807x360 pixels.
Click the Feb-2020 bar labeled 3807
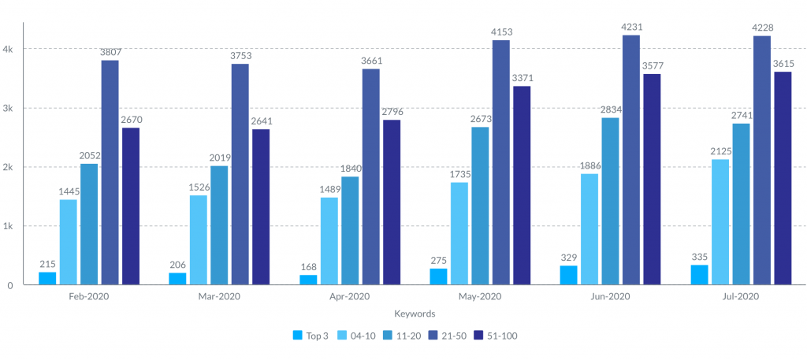[x=110, y=172]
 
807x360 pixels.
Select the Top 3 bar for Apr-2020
[x=308, y=280]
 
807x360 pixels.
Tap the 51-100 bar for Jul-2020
[x=783, y=178]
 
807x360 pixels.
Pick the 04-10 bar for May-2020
[x=459, y=233]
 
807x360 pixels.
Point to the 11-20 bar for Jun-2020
[x=610, y=201]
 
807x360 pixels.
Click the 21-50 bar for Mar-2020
[x=240, y=174]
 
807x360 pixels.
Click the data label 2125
[x=720, y=150]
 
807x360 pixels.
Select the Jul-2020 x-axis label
[x=740, y=297]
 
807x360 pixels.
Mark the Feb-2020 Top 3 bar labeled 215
[x=47, y=278]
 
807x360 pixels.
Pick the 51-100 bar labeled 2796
[x=391, y=202]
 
